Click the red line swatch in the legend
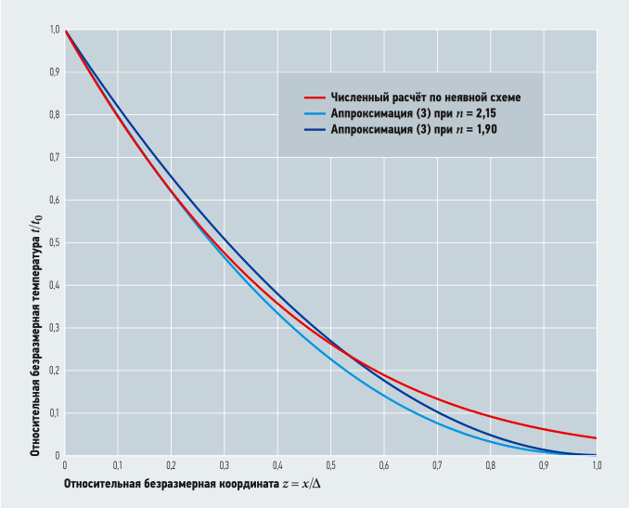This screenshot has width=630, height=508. pos(315,97)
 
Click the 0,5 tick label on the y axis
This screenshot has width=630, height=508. pos(54,242)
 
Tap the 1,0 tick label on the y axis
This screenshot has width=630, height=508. pos(54,31)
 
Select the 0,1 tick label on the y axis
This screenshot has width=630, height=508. pos(54,412)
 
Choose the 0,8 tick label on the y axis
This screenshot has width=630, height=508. pos(54,115)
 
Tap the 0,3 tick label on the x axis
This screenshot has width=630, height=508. pos(224,464)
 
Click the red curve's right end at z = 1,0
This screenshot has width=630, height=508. pos(595,438)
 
